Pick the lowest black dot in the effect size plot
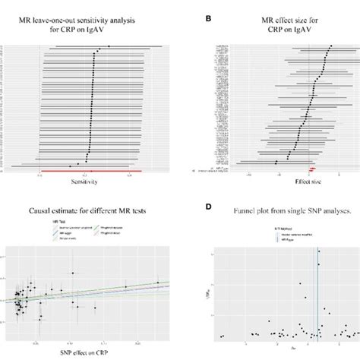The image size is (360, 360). [x=276, y=162]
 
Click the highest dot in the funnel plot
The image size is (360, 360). [x=318, y=251]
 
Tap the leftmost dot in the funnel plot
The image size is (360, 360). [x=222, y=336]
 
